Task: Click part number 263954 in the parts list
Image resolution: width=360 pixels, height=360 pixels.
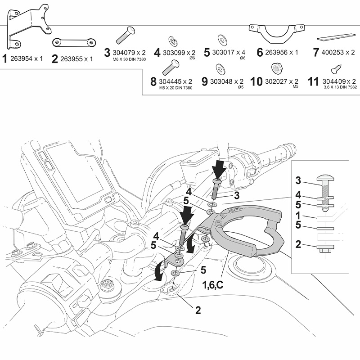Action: (26, 58)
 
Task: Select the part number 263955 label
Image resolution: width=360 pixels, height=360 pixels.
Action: (76, 58)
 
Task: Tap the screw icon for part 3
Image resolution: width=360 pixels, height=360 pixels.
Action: (127, 35)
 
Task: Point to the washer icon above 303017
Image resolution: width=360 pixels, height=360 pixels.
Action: (222, 38)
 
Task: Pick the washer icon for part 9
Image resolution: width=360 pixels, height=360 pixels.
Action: (221, 68)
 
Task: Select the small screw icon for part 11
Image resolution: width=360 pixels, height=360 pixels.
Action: (335, 69)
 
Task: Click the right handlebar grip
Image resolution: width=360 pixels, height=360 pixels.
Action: (275, 155)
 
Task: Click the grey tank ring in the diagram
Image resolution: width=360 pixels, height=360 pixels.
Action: (252, 234)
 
